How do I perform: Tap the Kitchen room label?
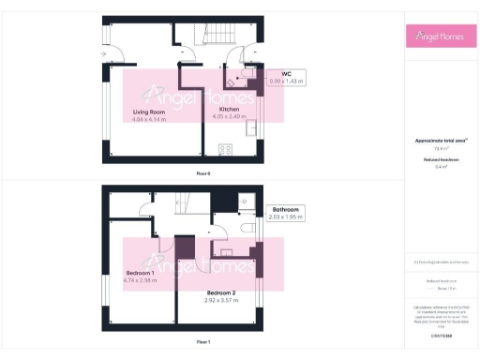tap(217, 110)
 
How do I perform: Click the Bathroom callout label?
tap(285, 209)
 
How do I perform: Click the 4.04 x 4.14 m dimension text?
tap(148, 119)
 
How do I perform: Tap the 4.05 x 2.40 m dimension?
tap(221, 117)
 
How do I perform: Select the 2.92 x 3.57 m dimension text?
tap(221, 300)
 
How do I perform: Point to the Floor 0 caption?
tap(203, 173)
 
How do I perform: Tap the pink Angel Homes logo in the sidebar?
tap(442, 37)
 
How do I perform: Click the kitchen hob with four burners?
tap(225, 148)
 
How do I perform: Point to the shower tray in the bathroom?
tap(244, 199)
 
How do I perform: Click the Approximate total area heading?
tap(441, 141)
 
